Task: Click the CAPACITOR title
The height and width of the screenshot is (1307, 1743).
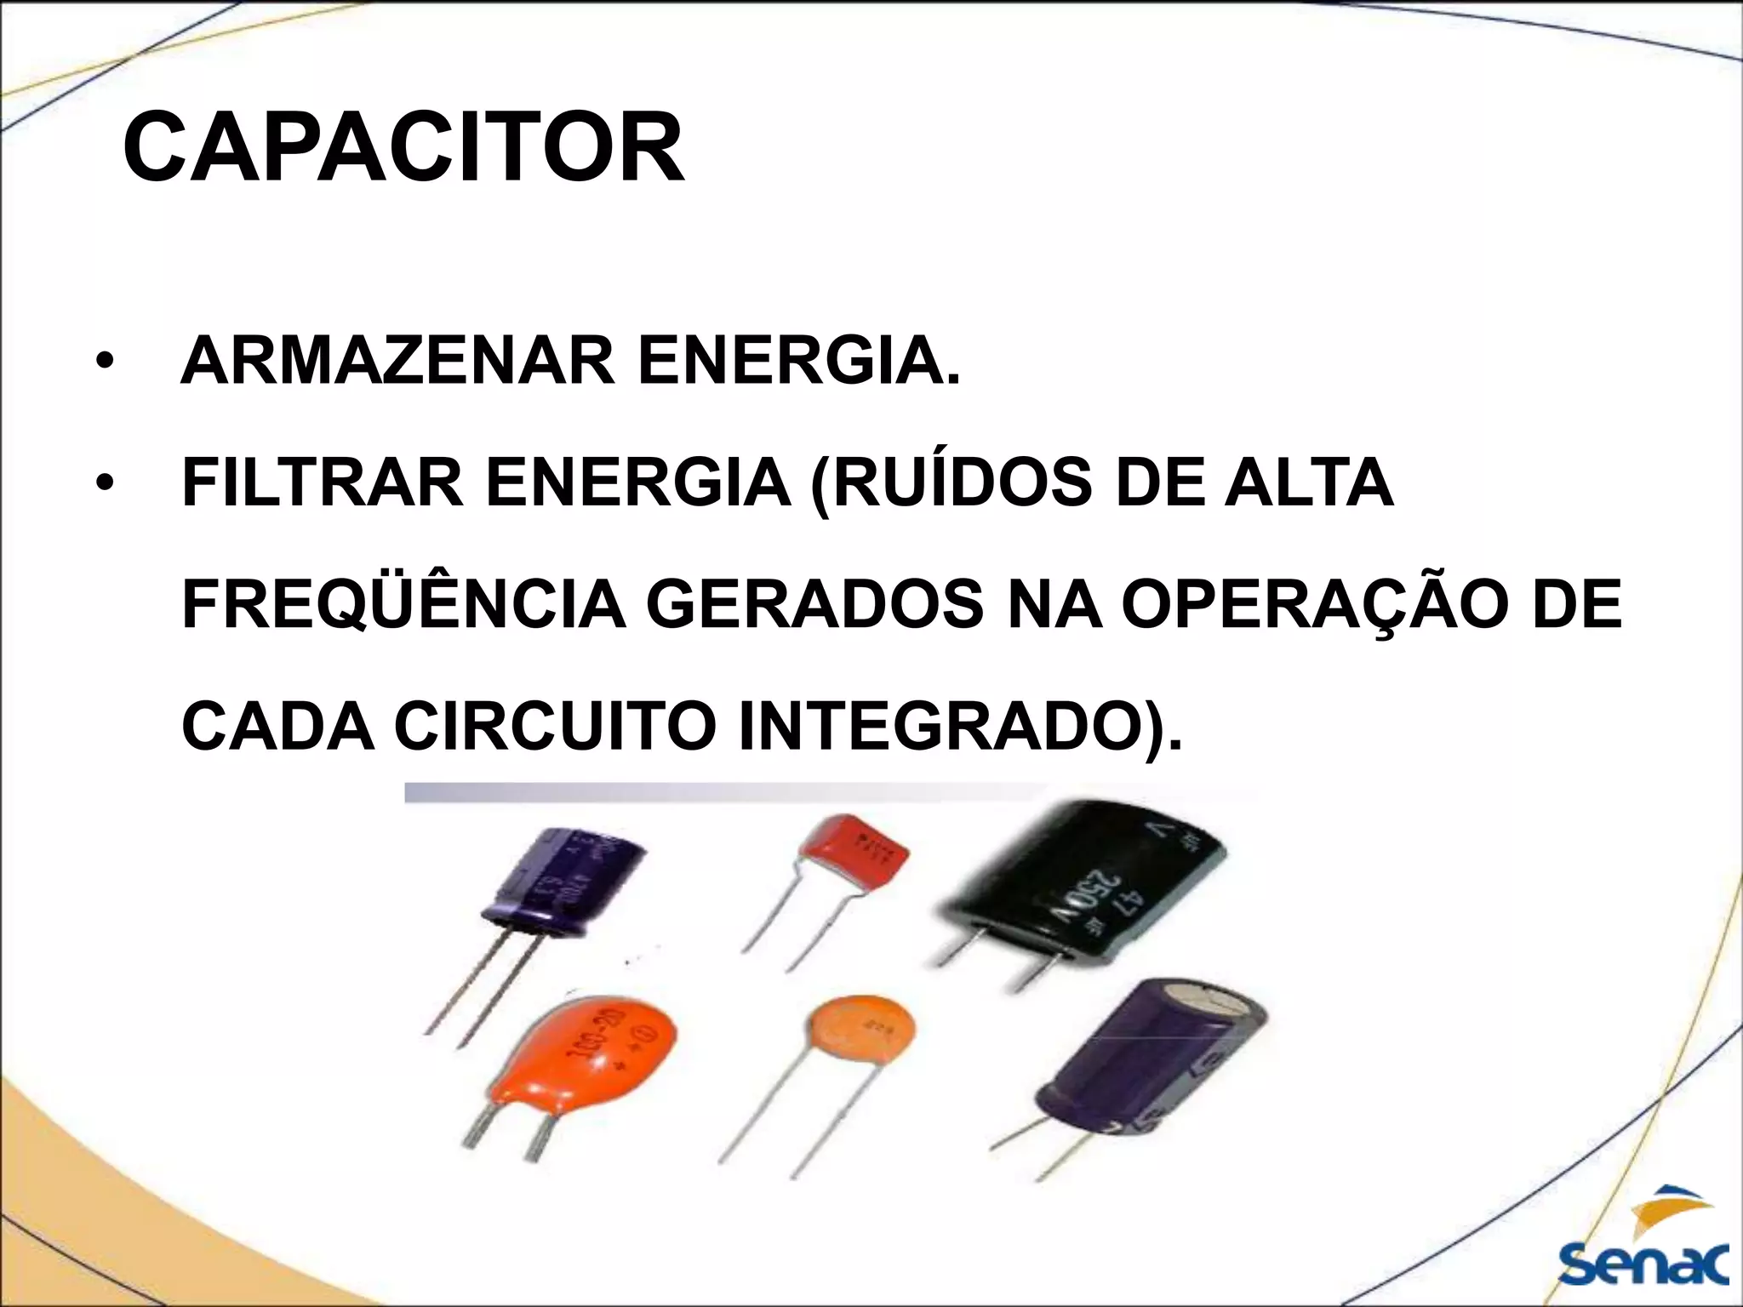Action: [403, 149]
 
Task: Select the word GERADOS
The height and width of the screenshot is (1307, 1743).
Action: [814, 604]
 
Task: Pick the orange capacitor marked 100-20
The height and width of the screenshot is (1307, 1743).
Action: [587, 1055]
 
